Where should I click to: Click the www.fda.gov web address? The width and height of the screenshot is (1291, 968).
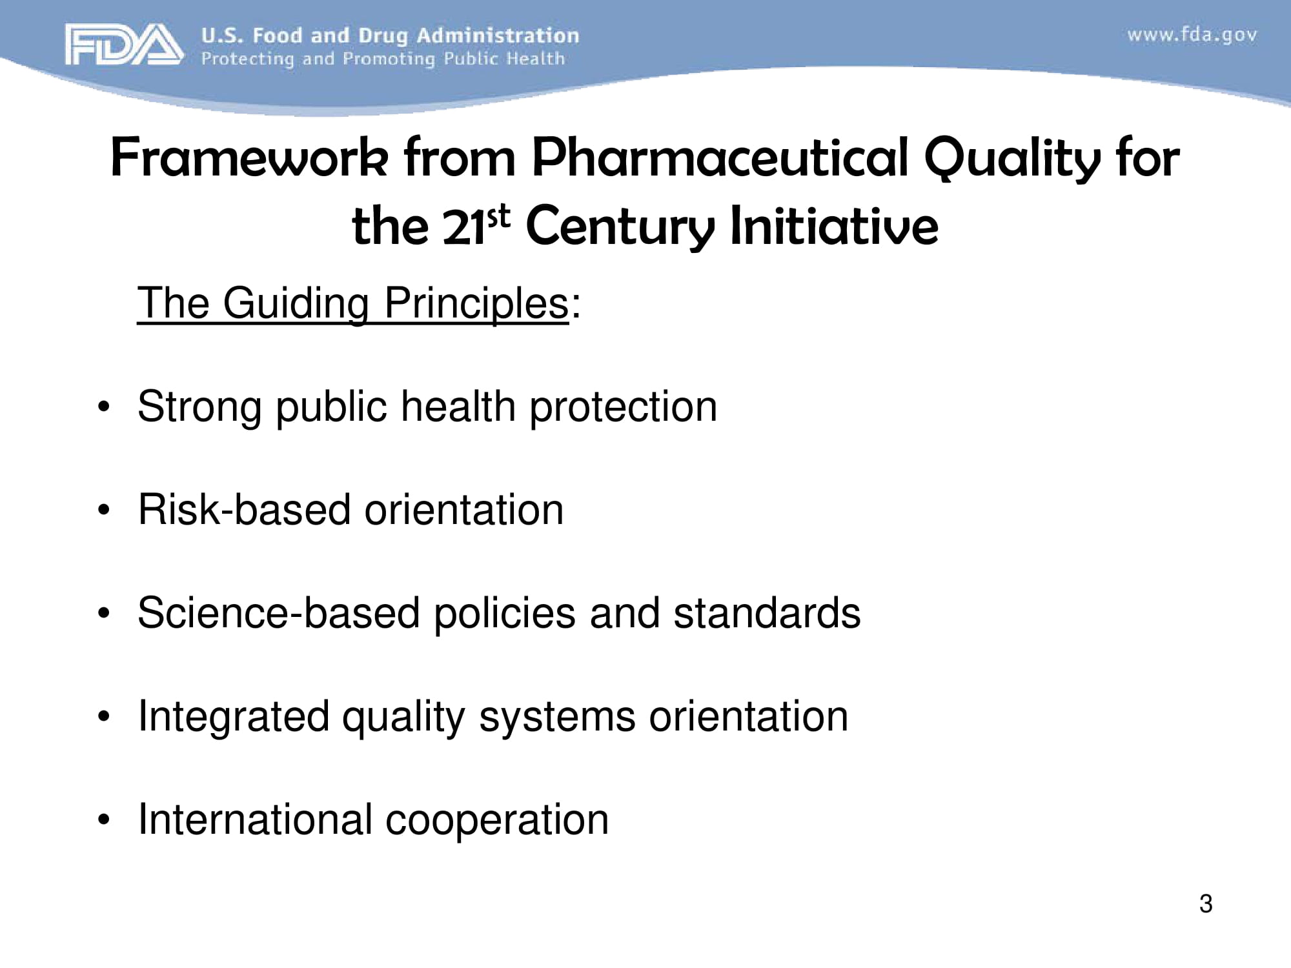1192,34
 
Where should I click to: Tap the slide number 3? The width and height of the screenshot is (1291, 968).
1205,903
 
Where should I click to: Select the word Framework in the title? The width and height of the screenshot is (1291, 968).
249,158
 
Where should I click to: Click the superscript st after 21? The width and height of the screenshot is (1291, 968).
498,218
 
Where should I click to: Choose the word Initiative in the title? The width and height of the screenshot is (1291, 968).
833,226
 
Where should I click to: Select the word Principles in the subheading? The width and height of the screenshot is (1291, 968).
476,303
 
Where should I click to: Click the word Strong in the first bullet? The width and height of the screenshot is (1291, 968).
199,407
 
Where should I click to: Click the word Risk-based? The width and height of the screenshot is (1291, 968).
243,510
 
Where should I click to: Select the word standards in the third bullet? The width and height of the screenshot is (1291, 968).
767,613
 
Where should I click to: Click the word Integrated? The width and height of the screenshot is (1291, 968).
233,717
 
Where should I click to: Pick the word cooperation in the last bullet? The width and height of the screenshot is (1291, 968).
497,820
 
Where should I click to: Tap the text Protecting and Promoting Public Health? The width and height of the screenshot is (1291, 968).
383,59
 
